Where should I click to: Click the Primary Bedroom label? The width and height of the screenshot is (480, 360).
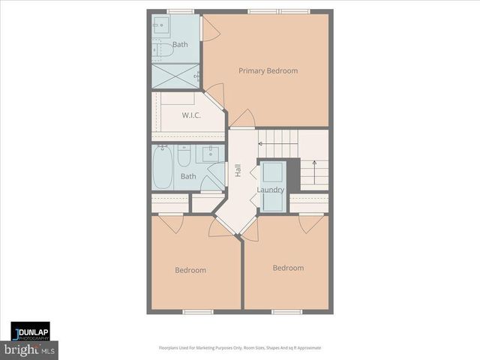click(268, 71)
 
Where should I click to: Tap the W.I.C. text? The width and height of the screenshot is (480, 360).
click(191, 115)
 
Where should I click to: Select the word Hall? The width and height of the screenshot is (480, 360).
click(238, 170)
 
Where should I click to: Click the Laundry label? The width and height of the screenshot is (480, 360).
click(270, 190)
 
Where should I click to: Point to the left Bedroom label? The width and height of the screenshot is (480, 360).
click(190, 270)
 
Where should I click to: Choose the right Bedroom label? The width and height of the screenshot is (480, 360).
click(288, 268)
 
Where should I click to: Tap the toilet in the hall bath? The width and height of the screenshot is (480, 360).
click(184, 156)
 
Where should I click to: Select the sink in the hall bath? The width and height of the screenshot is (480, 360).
click(209, 155)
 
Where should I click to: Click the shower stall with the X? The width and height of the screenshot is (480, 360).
click(176, 76)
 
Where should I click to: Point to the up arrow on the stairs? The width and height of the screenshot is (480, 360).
click(314, 164)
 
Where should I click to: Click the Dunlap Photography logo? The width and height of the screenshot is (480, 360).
click(30, 331)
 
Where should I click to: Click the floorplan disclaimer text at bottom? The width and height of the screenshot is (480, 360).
click(240, 348)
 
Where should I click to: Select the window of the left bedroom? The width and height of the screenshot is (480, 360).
click(193, 311)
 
